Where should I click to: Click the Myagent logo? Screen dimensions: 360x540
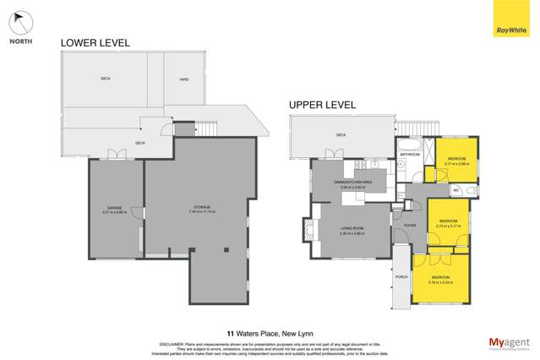[506, 342]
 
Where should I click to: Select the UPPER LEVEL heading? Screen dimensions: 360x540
[322, 105]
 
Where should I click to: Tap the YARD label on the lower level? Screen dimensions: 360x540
[183, 79]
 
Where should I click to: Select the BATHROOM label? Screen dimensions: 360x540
[410, 155]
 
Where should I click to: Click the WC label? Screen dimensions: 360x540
[455, 190]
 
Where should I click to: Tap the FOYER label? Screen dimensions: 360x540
[410, 226]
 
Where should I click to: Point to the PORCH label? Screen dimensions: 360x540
[401, 276]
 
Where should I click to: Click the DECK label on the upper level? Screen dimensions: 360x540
[341, 134]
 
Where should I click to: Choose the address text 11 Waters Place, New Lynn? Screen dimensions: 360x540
[270, 333]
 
